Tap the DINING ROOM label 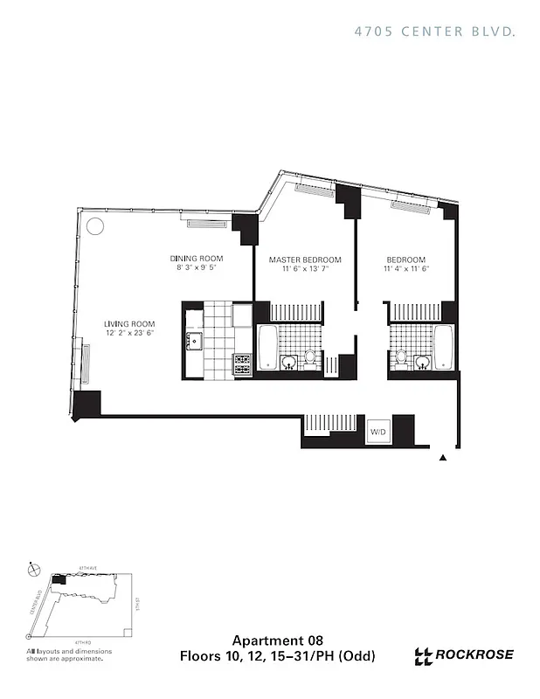click(197, 259)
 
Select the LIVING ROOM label click(130, 322)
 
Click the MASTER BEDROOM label click(305, 260)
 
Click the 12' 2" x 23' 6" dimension click(130, 332)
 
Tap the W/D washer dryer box click(377, 432)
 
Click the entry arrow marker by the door click(443, 457)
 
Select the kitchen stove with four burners click(242, 363)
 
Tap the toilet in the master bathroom click(309, 358)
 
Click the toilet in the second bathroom click(401, 358)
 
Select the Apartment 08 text click(270, 640)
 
